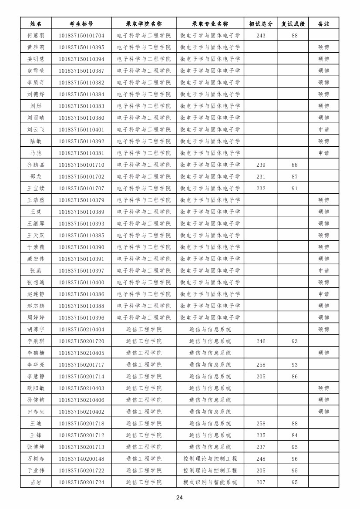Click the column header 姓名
pos(36,24)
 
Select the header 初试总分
pos(261,24)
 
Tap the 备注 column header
pos(323,24)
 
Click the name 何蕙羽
pos(36,35)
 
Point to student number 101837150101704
pos(81,35)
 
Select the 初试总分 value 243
pos(261,35)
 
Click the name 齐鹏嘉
pos(36,165)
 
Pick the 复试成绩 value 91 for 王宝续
pos(295,188)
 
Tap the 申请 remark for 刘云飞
pos(323,129)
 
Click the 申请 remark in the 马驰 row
pos(323,153)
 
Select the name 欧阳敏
pos(36,388)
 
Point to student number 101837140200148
pos(81,458)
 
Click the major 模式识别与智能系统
pos(210,482)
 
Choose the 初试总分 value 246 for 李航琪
pos(261,341)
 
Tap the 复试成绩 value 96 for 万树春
pos(295,458)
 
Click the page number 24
pos(179,497)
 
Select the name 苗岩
pos(36,482)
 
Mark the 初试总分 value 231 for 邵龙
pos(261,176)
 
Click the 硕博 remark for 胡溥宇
pos(323,329)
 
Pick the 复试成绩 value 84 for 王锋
pos(295,435)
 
